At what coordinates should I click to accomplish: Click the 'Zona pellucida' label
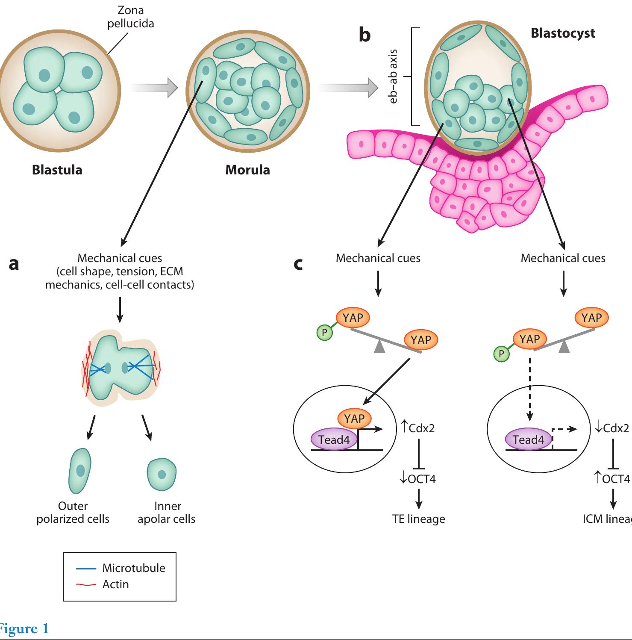[130, 17]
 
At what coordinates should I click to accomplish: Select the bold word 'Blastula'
[57, 170]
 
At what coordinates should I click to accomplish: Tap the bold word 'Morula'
[247, 170]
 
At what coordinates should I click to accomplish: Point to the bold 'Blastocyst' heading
[562, 33]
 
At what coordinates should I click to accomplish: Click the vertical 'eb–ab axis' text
[394, 77]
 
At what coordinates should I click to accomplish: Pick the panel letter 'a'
[14, 264]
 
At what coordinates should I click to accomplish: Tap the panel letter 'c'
[298, 264]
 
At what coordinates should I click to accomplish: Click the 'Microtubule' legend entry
[133, 568]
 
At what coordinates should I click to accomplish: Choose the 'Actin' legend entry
[115, 584]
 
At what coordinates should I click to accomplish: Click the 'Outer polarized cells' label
[73, 513]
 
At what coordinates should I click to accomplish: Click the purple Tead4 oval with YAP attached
[334, 439]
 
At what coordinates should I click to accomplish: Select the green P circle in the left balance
[325, 332]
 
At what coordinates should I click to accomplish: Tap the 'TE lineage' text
[418, 519]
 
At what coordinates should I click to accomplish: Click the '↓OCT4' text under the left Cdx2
[417, 479]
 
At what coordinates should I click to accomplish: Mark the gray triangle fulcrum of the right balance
[564, 347]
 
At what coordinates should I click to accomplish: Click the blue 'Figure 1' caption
[24, 628]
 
